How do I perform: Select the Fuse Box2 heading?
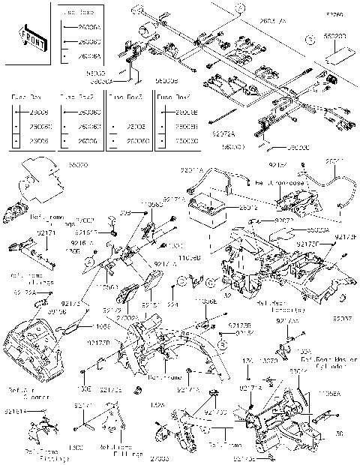(x=76, y=97)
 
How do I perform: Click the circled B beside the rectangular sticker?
(x=308, y=36)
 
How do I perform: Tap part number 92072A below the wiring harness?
(x=223, y=135)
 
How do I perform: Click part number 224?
(x=172, y=306)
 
